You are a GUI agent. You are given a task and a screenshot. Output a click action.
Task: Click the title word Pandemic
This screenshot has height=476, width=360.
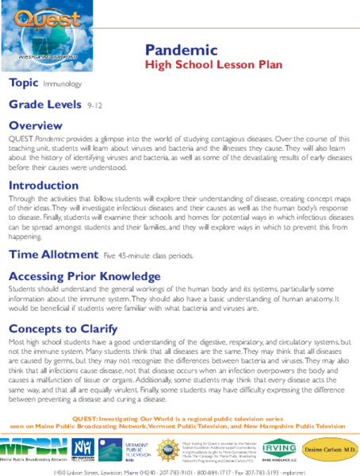click(x=182, y=49)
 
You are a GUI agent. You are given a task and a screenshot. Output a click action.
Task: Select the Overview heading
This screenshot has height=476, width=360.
click(x=35, y=125)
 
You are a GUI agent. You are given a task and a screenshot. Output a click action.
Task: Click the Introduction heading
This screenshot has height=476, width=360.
click(x=44, y=186)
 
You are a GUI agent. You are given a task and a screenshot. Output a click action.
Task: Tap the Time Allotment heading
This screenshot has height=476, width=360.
click(x=54, y=233)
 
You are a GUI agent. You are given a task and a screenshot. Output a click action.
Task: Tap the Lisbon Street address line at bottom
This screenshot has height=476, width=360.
click(x=179, y=470)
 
